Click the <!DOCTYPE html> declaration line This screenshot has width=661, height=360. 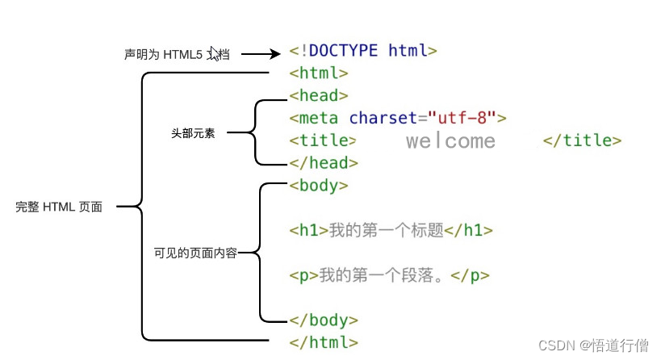coord(363,51)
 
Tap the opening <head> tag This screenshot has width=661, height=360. coord(319,96)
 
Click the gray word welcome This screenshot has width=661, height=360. coord(450,141)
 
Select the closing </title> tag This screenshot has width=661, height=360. coord(582,140)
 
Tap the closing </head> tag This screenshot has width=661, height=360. coord(324,163)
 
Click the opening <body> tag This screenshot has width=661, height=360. coord(319,186)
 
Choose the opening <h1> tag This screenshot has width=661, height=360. coord(309,231)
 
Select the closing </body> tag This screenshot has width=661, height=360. coord(324,320)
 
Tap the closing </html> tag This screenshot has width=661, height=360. coord(324,342)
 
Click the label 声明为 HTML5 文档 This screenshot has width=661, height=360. coord(177,55)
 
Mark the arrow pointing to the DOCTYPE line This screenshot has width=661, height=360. coord(259,54)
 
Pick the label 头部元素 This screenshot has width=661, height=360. coord(193,132)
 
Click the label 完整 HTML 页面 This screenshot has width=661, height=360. coord(59,207)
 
